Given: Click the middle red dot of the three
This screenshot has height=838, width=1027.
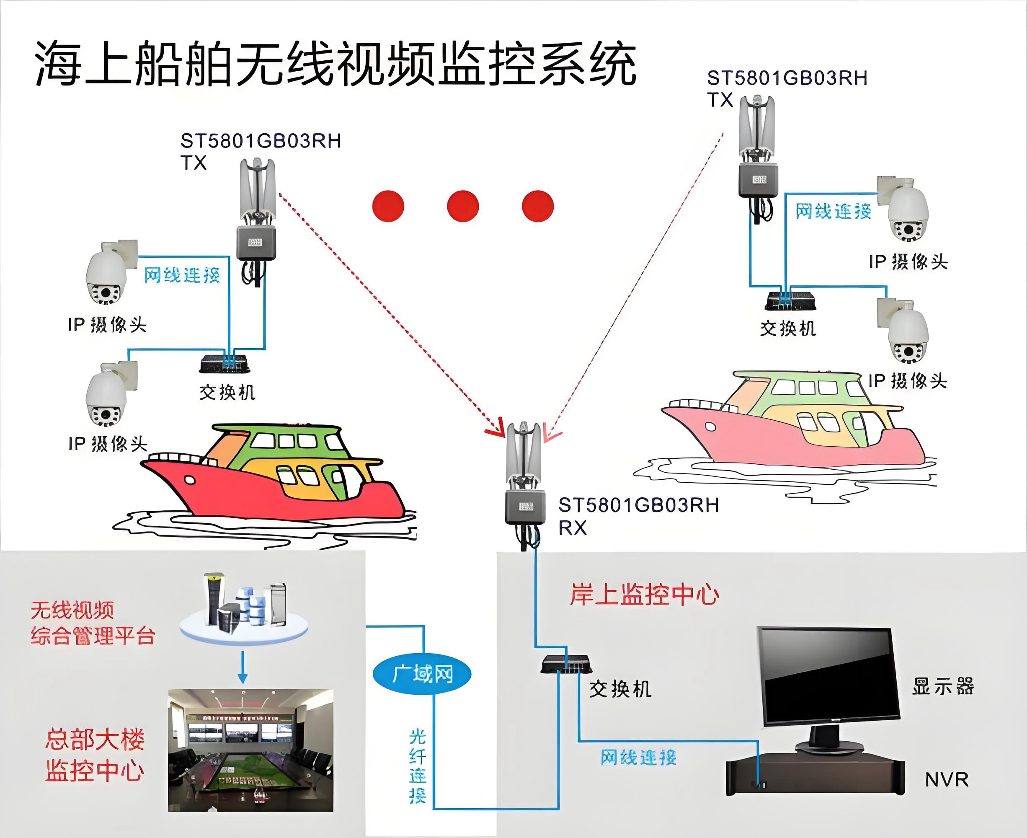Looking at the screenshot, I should click(462, 206).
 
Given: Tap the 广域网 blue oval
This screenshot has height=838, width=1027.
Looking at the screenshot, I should click(422, 674).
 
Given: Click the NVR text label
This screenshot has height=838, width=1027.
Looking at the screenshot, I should click(947, 780).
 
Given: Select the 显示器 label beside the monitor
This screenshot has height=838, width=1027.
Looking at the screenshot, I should click(942, 686).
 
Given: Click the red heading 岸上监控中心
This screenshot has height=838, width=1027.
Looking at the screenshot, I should click(644, 594).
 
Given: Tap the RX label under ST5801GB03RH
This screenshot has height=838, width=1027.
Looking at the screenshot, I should click(573, 528).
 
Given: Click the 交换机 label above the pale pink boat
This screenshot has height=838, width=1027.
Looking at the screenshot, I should click(788, 329).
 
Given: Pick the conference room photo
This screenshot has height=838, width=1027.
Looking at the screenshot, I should click(250, 750).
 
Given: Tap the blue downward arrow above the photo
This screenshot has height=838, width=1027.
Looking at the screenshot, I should click(243, 667).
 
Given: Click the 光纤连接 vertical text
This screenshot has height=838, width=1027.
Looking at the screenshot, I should click(418, 766).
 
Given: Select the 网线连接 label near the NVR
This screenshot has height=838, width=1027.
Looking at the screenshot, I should click(638, 758).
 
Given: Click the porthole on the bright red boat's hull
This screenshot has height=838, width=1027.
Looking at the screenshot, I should click(190, 480).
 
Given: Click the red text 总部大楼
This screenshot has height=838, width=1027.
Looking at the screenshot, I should click(95, 740).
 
